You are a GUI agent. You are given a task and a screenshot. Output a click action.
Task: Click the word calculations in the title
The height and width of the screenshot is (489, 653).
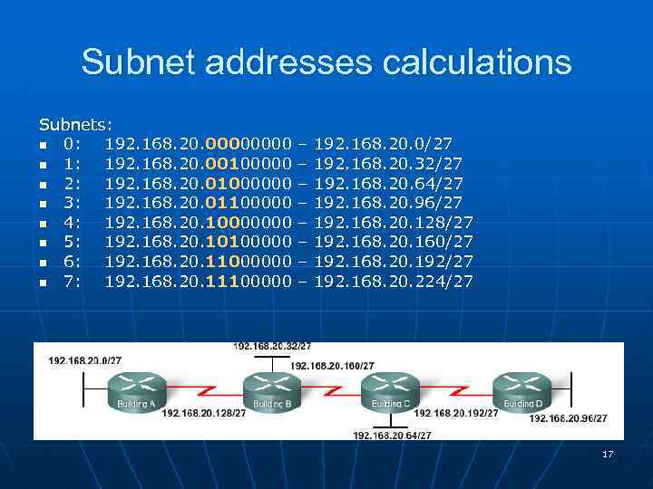[471, 62]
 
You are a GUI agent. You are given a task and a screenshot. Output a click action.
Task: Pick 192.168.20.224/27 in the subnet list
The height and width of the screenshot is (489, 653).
[393, 282]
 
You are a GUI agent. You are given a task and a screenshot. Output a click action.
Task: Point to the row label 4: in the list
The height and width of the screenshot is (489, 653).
[73, 222]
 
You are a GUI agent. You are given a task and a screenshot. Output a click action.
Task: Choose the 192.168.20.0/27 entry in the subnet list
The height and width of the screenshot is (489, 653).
[383, 143]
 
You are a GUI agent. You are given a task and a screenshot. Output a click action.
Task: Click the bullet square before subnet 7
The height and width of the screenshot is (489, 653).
[43, 283]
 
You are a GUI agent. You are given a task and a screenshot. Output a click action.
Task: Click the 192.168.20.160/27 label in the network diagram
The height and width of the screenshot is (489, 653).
[332, 365]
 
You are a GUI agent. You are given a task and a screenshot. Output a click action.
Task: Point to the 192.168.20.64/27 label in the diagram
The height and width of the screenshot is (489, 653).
[392, 435]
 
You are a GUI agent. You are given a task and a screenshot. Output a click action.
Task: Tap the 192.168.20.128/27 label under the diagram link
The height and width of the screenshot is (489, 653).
[204, 413]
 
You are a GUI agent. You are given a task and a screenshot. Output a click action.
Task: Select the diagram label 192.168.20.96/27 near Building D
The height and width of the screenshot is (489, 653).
[569, 417]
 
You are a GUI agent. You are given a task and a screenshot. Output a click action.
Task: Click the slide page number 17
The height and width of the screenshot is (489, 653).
[608, 454]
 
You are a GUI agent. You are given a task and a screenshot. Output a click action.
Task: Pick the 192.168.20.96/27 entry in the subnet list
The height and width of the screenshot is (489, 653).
[387, 202]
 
